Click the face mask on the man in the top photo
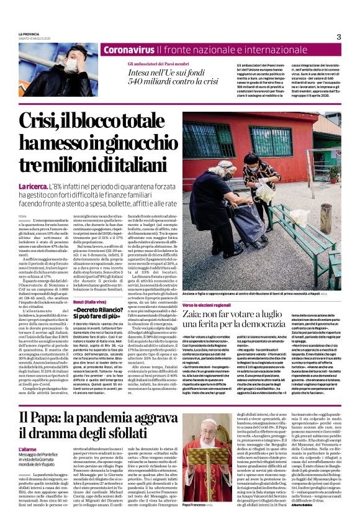(x=72, y=65)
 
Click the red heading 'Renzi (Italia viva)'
(x=90, y=301)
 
